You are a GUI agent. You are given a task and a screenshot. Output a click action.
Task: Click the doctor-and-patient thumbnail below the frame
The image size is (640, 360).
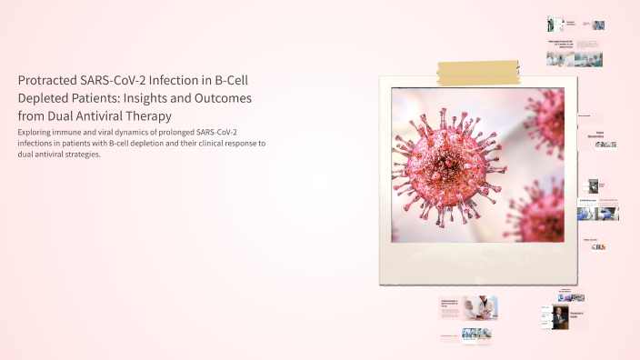[x=478, y=308]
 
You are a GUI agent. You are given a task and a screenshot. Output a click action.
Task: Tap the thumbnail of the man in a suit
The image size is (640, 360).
[x=560, y=316]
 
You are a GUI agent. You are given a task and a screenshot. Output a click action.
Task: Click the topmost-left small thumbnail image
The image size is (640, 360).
[x=552, y=24]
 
